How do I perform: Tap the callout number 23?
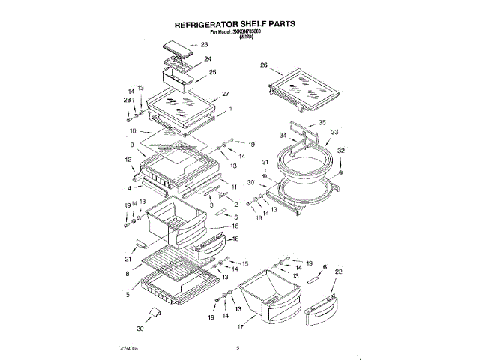coord(204,45)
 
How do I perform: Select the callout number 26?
coord(263,65)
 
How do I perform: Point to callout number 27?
coord(225,94)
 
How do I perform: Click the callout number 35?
coord(322,122)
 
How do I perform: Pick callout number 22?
coord(338,271)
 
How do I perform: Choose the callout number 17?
coord(241,327)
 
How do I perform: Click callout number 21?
coord(128,259)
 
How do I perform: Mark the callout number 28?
coord(127,100)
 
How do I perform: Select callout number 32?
coord(341,151)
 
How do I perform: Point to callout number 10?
coord(133,130)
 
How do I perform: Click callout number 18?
coord(235,238)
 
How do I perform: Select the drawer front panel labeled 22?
coord(322,308)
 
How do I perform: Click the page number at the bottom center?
coord(237,346)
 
